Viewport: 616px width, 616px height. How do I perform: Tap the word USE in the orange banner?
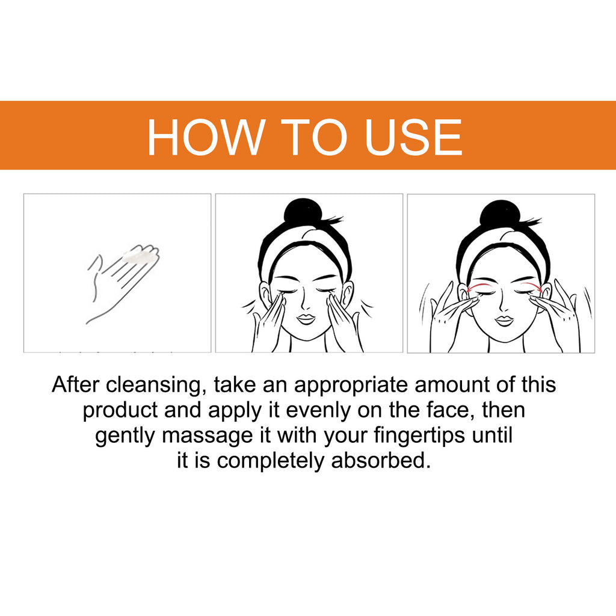point(413,137)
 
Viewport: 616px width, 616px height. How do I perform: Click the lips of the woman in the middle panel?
point(306,318)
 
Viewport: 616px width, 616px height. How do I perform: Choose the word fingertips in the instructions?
point(419,436)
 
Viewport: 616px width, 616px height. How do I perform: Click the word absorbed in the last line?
point(380,461)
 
